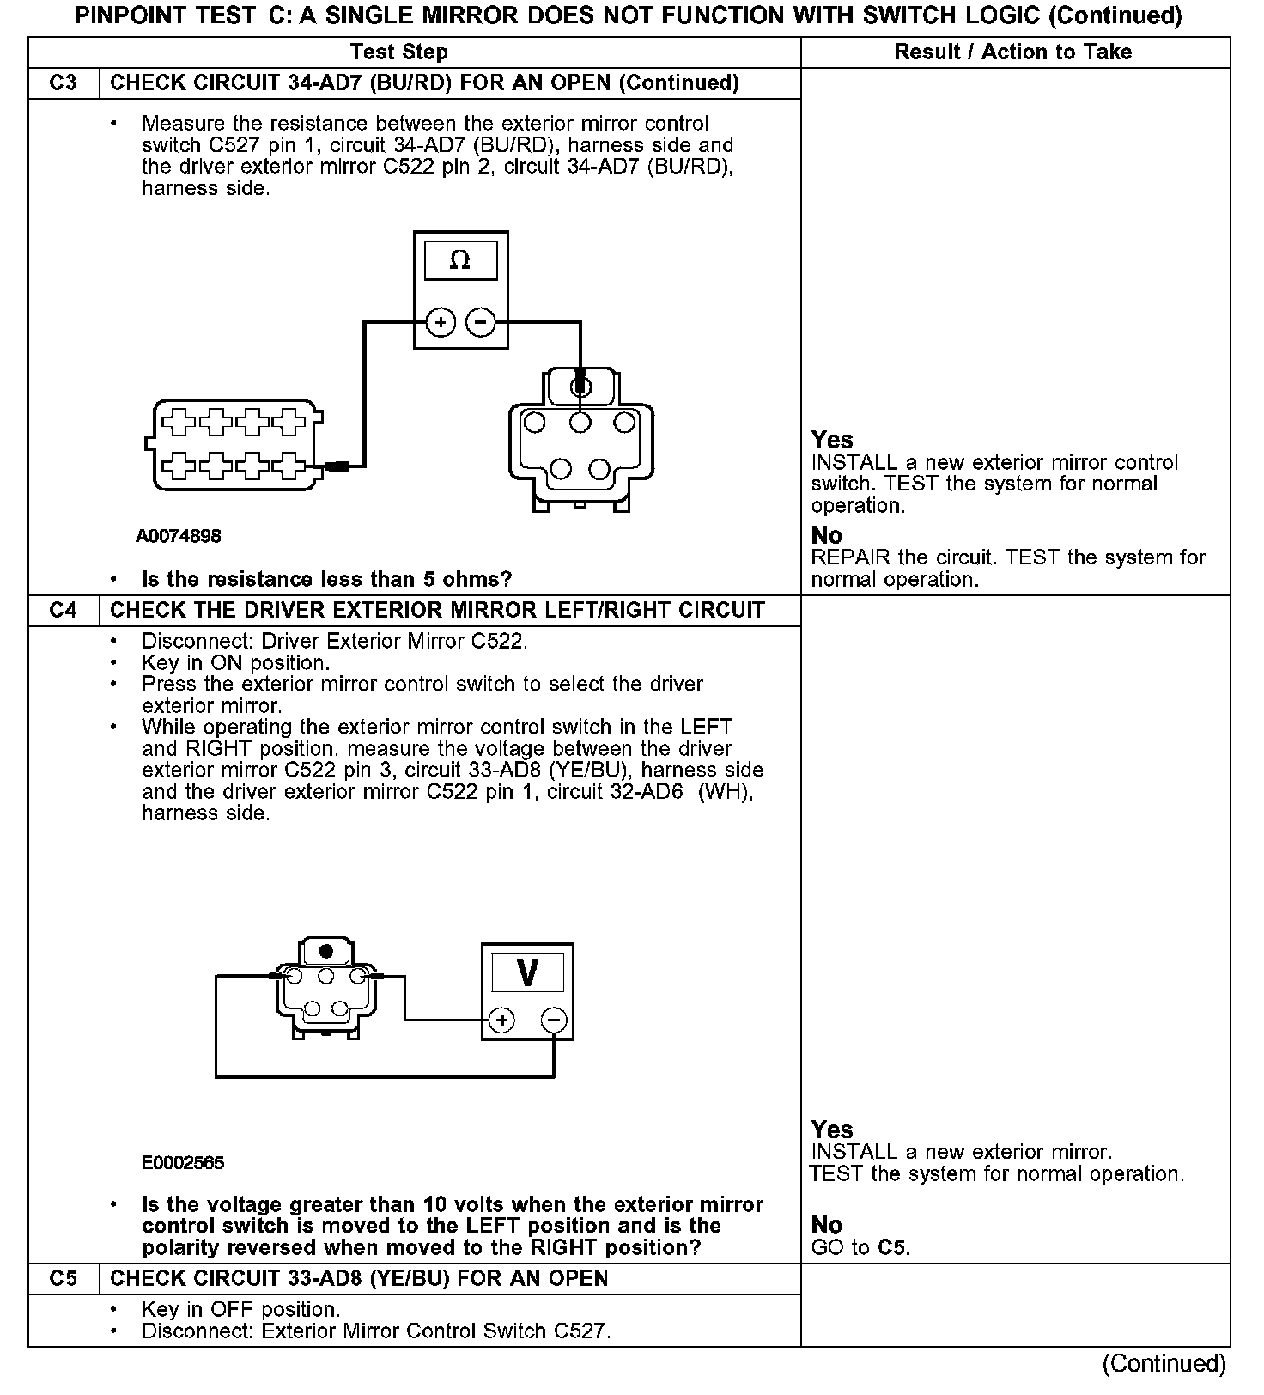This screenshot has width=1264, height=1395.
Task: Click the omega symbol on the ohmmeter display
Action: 460,260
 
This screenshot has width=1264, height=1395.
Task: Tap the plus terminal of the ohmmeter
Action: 441,323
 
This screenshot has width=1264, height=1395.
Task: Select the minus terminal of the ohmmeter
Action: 480,323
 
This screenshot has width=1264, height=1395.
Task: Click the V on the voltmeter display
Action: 527,973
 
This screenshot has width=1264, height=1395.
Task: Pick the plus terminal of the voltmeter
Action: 501,1020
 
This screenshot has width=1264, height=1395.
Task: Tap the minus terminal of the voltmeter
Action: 554,1020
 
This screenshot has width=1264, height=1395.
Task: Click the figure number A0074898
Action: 179,536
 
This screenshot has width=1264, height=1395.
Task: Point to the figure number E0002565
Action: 183,1163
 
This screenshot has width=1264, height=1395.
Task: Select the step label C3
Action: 64,83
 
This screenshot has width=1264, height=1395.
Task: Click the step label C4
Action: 64,611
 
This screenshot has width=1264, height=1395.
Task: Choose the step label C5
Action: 64,1279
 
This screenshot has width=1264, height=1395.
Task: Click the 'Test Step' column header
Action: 399,52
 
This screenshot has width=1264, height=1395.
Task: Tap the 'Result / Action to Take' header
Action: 1013,52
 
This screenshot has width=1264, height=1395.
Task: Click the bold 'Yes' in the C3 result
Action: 832,440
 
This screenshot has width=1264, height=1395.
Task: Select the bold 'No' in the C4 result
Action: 827,1225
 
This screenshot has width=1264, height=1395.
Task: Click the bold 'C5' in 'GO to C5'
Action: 893,1247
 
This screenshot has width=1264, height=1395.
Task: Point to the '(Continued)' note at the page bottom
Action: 1164,1364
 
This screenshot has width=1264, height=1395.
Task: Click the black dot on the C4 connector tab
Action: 326,952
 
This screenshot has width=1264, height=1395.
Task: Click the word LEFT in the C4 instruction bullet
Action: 706,728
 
